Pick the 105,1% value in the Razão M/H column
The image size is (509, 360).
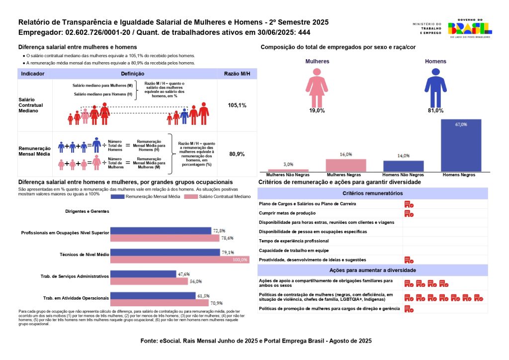pos(237,105)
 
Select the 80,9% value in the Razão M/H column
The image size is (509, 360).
pos(237,154)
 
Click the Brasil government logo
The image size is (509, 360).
pos(470,28)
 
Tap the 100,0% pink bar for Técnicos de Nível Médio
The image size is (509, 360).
pos(179,260)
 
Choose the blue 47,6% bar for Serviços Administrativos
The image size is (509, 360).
pos(143,274)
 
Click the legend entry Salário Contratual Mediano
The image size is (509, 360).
pos(217,197)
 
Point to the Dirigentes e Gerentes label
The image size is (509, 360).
pos(87,211)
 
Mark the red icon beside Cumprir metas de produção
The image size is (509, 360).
pos(409,213)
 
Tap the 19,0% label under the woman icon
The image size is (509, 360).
pos(317,110)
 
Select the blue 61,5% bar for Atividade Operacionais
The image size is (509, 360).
pos(153,296)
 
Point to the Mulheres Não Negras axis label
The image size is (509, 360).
pos(288,175)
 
